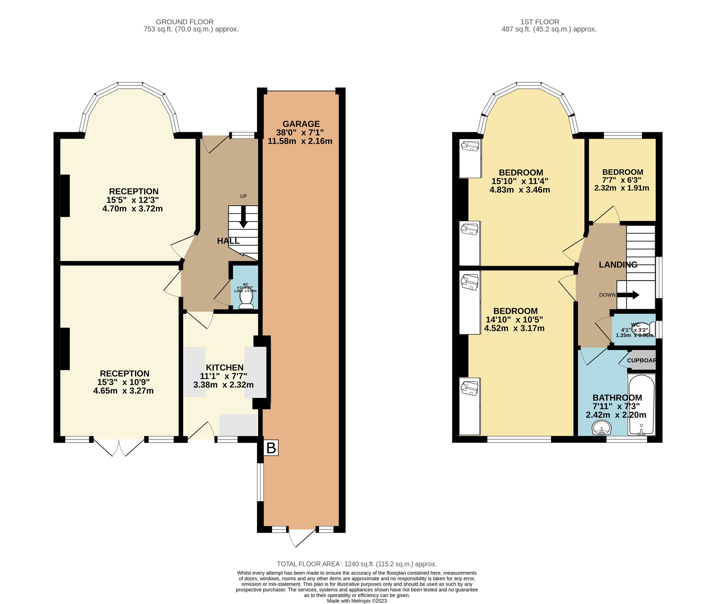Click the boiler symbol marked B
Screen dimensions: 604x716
[x=271, y=448]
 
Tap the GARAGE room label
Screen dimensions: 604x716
[x=301, y=124]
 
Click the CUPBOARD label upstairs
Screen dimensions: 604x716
[x=642, y=360]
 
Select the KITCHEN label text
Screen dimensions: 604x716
[x=224, y=367]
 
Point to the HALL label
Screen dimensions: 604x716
[x=228, y=241]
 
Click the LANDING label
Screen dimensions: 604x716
[x=618, y=264]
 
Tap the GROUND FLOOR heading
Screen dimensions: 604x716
[x=184, y=22]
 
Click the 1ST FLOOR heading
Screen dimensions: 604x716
[x=540, y=22]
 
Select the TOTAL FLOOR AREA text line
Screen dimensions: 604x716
[x=356, y=564]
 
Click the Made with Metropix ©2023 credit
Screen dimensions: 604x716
[x=356, y=601]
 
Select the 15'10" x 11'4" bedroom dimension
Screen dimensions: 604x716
[x=520, y=181]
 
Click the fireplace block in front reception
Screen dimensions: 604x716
[x=65, y=196]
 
